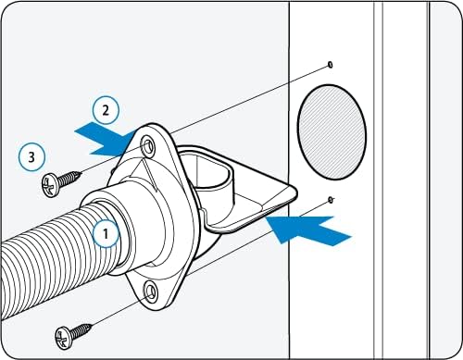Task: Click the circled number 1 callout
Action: tap(106, 234)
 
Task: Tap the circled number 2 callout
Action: tap(106, 111)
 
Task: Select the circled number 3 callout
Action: tap(31, 157)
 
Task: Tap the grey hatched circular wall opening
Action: tap(332, 127)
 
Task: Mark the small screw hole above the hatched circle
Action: tap(331, 64)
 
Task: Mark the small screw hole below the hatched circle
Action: tap(331, 199)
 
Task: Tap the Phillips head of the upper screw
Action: tap(49, 185)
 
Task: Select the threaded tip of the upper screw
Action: tap(81, 172)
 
